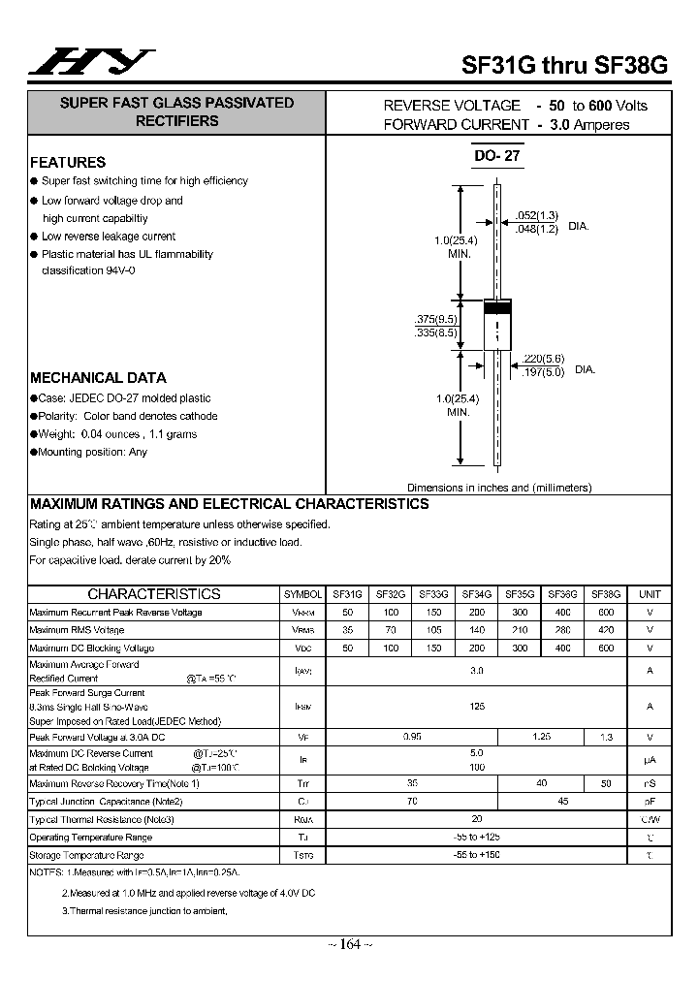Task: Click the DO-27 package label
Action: [x=497, y=156]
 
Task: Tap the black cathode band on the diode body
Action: [x=497, y=308]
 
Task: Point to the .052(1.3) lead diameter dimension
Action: [x=536, y=215]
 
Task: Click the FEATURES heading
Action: [x=68, y=163]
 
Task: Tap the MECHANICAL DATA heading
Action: [x=98, y=378]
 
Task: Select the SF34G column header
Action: [x=476, y=594]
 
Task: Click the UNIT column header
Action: [x=649, y=594]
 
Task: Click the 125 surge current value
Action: [x=476, y=707]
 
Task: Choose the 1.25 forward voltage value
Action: [x=541, y=738]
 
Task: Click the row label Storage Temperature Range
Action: [x=87, y=855]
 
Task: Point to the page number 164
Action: [x=350, y=944]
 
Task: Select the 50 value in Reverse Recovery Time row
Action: [x=606, y=783]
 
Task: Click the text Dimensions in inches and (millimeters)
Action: [x=499, y=488]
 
